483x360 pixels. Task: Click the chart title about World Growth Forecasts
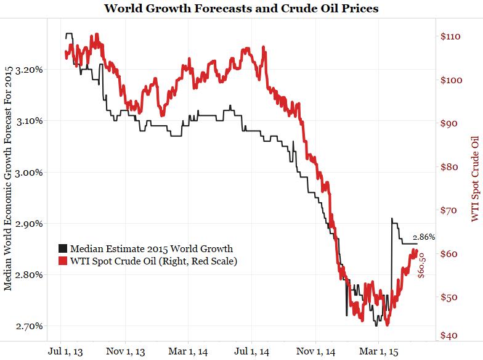pos(241,9)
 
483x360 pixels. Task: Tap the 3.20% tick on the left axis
pos(29,69)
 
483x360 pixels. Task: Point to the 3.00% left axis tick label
pos(29,172)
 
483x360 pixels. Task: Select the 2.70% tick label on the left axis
pos(29,325)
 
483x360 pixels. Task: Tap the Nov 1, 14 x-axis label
pos(315,351)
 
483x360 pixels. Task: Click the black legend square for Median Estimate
pos(63,249)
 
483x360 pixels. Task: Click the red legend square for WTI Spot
pos(63,261)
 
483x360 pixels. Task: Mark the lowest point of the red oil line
pos(387,324)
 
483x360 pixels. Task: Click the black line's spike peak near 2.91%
pos(391,218)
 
